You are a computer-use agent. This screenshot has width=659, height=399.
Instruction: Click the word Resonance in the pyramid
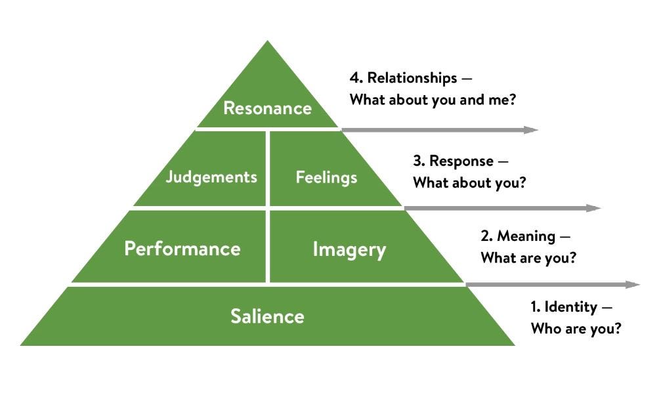point(267,108)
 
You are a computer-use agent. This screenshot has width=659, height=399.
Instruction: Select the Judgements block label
point(211,177)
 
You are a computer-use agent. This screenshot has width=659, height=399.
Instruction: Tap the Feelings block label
point(326,177)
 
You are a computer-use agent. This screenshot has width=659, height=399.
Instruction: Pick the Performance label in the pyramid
point(182,249)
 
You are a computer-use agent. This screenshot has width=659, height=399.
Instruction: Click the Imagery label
point(349,249)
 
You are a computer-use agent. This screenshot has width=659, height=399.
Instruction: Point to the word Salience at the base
point(267,316)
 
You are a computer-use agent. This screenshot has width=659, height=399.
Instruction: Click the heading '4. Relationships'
point(403,78)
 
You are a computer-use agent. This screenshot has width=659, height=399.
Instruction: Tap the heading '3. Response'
point(453,161)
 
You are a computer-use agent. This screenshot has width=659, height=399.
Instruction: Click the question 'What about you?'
point(469,183)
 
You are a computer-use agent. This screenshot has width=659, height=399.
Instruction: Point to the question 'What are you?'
point(528,258)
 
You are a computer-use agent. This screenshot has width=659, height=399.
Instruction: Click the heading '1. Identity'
point(564,306)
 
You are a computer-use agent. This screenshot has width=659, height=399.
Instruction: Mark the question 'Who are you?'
point(576,329)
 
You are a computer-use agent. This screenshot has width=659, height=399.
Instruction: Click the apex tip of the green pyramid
point(267,42)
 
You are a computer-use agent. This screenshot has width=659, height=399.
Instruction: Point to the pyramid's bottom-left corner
point(22,345)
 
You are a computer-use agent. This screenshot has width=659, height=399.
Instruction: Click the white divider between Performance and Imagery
point(267,246)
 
